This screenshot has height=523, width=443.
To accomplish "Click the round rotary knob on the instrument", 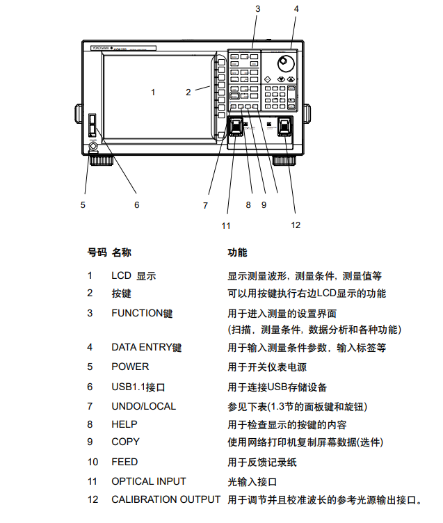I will [284, 65].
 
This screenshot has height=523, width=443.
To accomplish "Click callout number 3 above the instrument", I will [257, 9].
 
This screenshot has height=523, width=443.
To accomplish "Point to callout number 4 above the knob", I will [296, 9].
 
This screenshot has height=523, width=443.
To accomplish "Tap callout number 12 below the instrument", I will [296, 224].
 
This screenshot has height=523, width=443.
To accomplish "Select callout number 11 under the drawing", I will [226, 225].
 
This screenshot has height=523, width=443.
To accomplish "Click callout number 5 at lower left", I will [83, 205].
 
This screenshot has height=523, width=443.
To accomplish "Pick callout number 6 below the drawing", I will [136, 205].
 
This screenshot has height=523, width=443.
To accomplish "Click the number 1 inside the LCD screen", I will [153, 92].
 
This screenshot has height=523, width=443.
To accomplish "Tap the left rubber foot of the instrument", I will [102, 161].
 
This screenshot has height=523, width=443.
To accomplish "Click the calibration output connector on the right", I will [285, 128].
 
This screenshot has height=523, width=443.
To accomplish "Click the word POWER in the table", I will [130, 367].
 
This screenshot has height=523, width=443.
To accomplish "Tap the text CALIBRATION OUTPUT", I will [166, 499].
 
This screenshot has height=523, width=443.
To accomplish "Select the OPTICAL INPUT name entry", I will [149, 481].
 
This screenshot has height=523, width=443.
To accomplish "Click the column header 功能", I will [237, 252].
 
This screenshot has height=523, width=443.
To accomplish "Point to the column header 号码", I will [97, 252].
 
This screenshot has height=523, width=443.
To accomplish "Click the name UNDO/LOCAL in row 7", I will [143, 405].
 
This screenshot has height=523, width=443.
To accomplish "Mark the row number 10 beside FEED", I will [92, 462].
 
